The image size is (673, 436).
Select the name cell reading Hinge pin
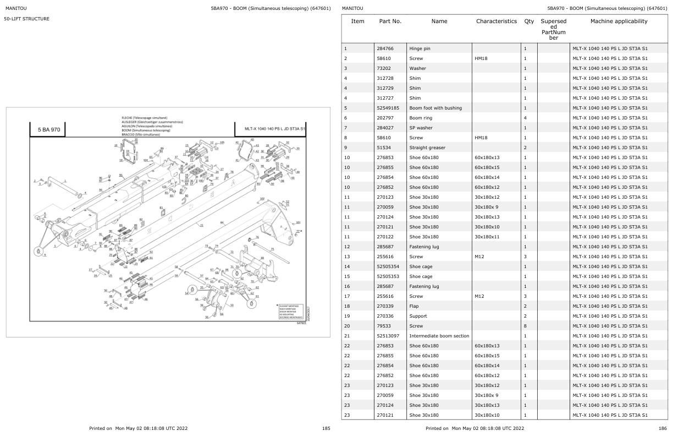pyautogui.click(x=420, y=48)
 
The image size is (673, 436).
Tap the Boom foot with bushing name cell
pyautogui.click(x=435, y=108)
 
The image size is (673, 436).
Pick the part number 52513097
pyautogui.click(x=388, y=336)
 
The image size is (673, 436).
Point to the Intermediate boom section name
pyautogui.click(x=439, y=336)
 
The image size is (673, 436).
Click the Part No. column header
pyautogui.click(x=390, y=21)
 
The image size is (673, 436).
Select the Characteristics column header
pyautogui.click(x=497, y=21)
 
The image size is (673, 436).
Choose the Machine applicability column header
pyautogui.click(x=619, y=21)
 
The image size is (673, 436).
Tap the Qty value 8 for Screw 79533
pyautogui.click(x=526, y=326)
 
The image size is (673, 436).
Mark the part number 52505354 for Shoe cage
pyautogui.click(x=388, y=266)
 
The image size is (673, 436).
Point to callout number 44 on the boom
pyautogui.click(x=222, y=222)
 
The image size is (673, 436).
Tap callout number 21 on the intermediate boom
pyautogui.click(x=202, y=225)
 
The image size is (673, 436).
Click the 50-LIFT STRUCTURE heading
pyautogui.click(x=27, y=19)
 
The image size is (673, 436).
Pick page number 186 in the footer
pyautogui.click(x=662, y=428)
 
